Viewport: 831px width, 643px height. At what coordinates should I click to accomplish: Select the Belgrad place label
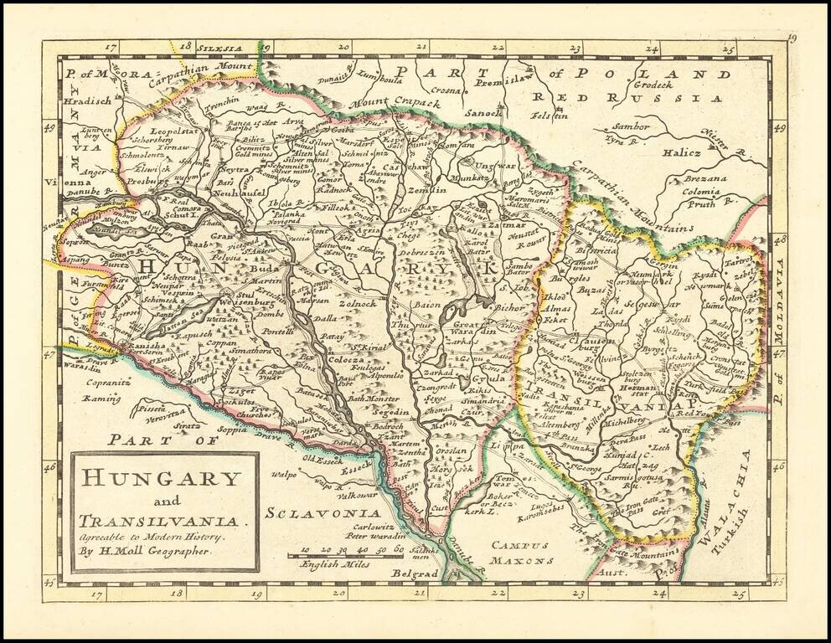click(415, 574)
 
